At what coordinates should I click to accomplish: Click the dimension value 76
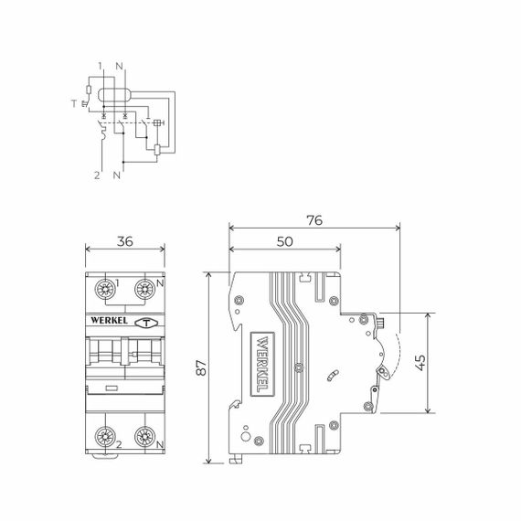pos(314,220)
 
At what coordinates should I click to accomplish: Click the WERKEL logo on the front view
pos(110,321)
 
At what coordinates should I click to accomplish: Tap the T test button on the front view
pos(144,322)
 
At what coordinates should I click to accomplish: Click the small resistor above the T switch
pos(87,90)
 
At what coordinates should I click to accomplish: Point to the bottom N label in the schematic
pos(116,173)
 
